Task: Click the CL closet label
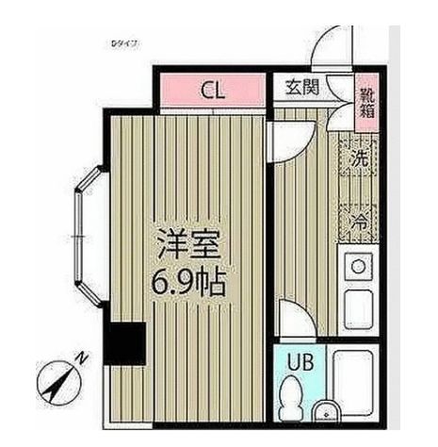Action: pos(213,91)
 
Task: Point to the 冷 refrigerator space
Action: pos(359,222)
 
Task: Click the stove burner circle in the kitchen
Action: pos(358,268)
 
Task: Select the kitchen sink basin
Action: pos(359,308)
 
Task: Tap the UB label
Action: pos(299,361)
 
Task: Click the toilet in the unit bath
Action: pos(294,396)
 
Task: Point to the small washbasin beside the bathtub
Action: pos(326,412)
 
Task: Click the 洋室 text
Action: pos(188,247)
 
